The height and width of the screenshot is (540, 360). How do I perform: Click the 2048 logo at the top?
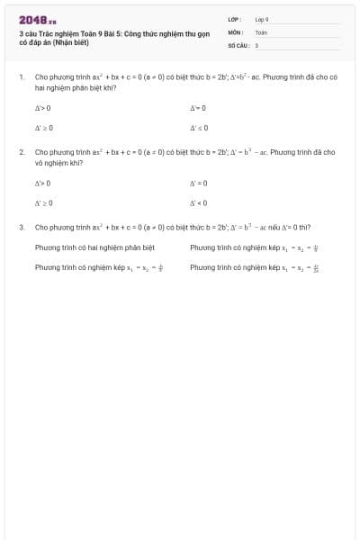click(37, 20)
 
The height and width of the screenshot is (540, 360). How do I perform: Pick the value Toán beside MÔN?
click(261, 31)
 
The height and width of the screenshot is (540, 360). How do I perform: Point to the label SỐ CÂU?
click(238, 44)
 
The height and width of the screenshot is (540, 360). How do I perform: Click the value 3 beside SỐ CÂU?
click(256, 44)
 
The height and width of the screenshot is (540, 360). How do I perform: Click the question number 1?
click(21, 77)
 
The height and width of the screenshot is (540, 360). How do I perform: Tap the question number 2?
click(21, 153)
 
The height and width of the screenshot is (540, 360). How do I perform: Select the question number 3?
click(21, 228)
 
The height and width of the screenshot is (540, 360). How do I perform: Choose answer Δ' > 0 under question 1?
click(42, 108)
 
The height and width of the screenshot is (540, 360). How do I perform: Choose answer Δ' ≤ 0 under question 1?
click(199, 128)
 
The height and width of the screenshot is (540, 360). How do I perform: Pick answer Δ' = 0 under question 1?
click(199, 108)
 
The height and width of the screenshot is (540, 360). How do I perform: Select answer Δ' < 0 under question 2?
click(199, 202)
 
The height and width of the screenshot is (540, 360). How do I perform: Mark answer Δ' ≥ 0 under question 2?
click(43, 202)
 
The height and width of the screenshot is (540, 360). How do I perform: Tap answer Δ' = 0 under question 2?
click(199, 183)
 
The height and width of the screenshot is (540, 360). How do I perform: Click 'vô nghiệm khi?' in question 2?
click(58, 164)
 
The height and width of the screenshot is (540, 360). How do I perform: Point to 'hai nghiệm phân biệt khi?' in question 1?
click(75, 88)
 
